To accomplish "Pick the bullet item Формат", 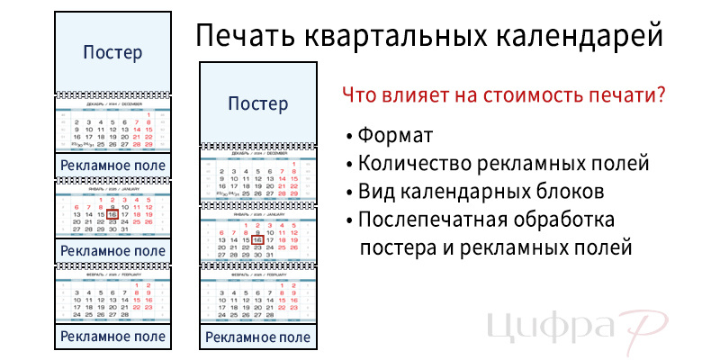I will pos(395,136).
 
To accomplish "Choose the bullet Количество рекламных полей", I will pos(503,164).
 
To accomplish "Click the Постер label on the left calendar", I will pos(112,52).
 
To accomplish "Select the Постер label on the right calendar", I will pos(258,103).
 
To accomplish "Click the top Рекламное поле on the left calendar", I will pos(112,166).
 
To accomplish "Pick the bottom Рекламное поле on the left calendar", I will pos(112,337).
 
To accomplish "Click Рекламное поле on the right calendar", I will pos(258,337).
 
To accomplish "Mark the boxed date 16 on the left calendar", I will pos(112,215).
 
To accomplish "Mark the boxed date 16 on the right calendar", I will pos(257,240).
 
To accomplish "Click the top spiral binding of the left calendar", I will pos(112,95).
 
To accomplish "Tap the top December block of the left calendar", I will pos(112,130).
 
